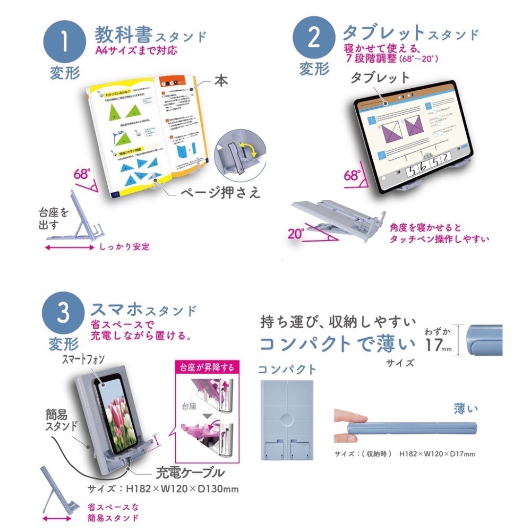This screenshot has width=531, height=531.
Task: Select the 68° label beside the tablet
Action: point(352,175)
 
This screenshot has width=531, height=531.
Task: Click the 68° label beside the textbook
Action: point(82,174)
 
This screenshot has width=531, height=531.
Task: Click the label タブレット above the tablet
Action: point(380,78)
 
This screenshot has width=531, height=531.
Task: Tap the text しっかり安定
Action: point(124,247)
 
